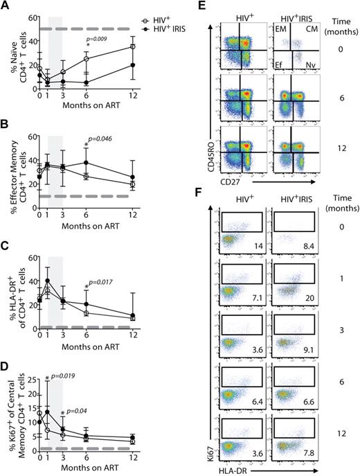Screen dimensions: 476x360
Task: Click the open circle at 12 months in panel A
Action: coord(133,46)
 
